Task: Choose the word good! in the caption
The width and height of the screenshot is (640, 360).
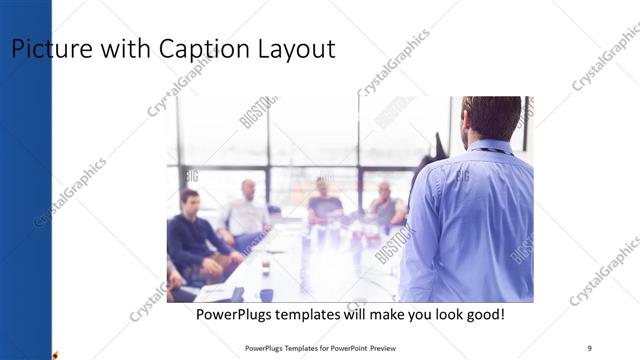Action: [x=482, y=314]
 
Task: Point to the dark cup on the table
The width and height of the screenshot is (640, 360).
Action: [x=266, y=294]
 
